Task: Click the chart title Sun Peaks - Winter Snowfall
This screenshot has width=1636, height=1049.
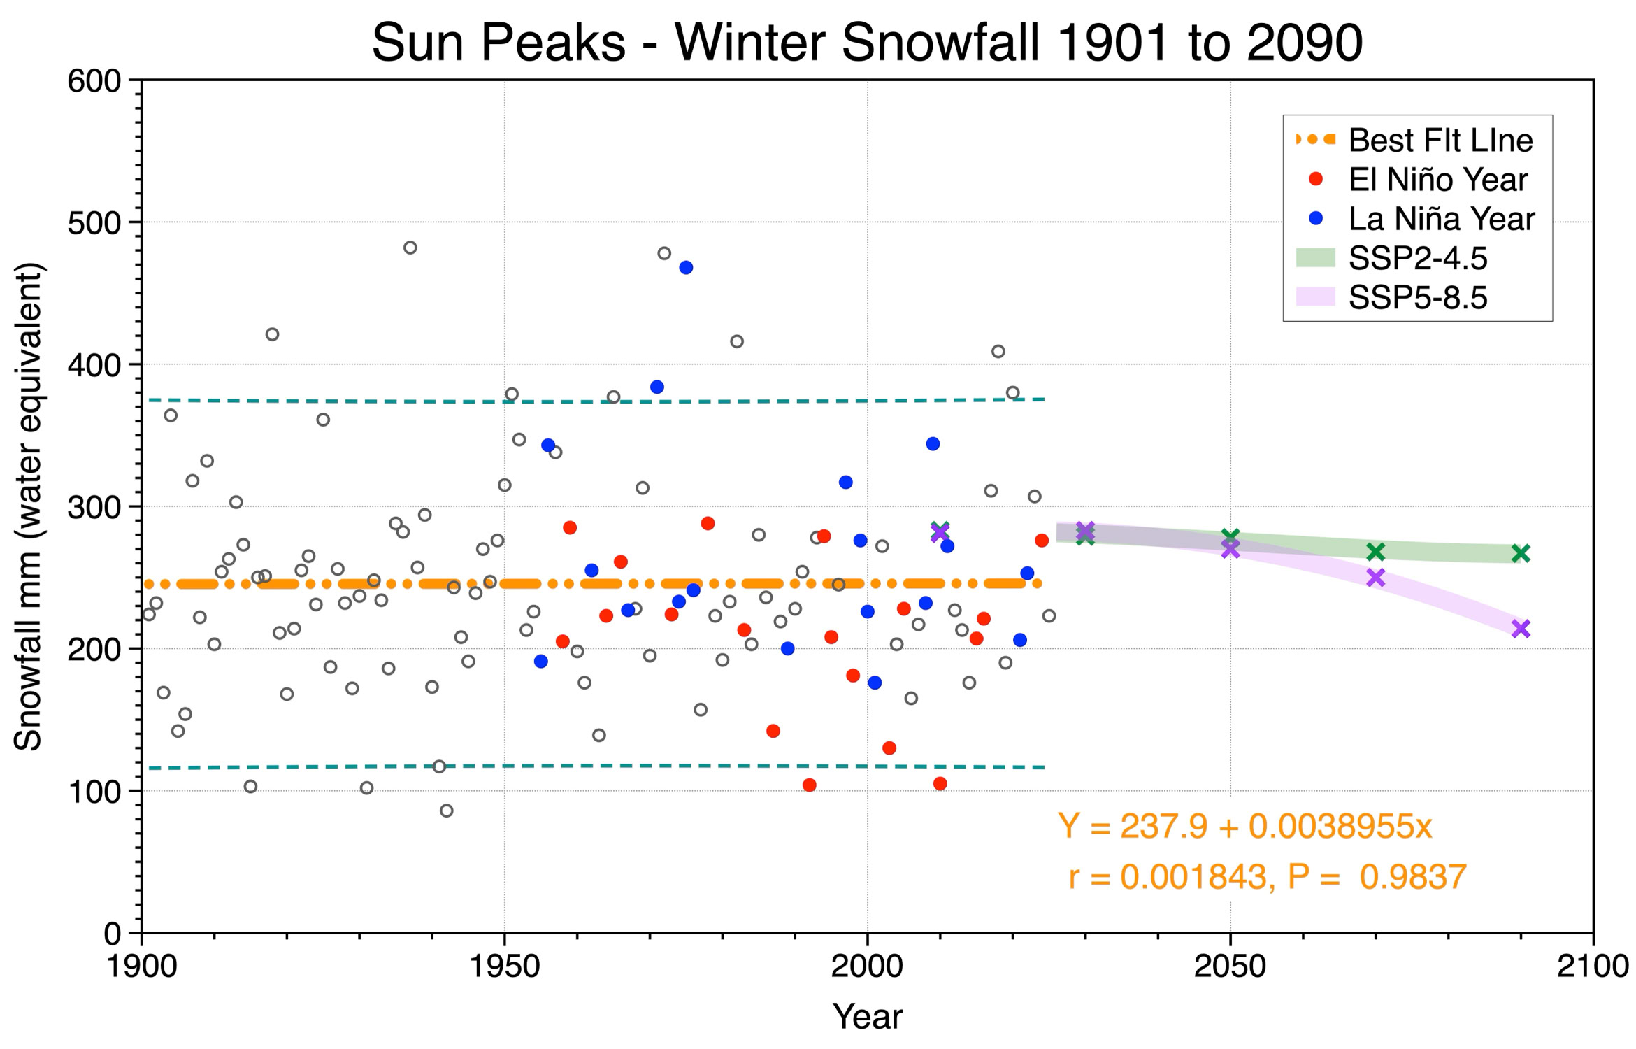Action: pyautogui.click(x=706, y=42)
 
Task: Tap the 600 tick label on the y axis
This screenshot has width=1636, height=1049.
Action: pyautogui.click(x=94, y=81)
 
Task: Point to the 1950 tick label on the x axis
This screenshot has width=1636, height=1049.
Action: pyautogui.click(x=504, y=966)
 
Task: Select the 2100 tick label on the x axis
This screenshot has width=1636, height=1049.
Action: pyautogui.click(x=1593, y=966)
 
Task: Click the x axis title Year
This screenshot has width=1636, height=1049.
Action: pyautogui.click(x=867, y=1016)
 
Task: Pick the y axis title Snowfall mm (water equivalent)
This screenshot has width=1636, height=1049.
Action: pyautogui.click(x=29, y=507)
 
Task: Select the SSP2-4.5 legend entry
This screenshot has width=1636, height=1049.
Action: pyautogui.click(x=1391, y=258)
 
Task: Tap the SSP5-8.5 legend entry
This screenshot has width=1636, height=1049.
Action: pyautogui.click(x=1391, y=297)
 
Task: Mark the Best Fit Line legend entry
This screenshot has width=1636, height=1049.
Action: pyautogui.click(x=1414, y=140)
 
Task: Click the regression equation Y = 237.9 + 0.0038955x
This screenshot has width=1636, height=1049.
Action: pyautogui.click(x=1245, y=827)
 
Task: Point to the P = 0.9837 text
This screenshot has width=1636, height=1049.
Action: pyautogui.click(x=1377, y=877)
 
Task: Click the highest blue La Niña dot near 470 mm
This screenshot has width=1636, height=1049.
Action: pyautogui.click(x=686, y=267)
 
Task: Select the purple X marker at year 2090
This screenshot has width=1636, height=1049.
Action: pyautogui.click(x=1521, y=629)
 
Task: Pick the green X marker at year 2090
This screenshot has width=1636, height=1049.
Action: pyautogui.click(x=1521, y=553)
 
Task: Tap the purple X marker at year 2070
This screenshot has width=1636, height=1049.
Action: pyautogui.click(x=1376, y=578)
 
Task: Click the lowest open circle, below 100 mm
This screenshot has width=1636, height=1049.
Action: pyautogui.click(x=447, y=811)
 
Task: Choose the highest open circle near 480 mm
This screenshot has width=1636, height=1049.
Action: pyautogui.click(x=410, y=248)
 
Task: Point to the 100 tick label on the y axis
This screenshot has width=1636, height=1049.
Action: pyautogui.click(x=94, y=792)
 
